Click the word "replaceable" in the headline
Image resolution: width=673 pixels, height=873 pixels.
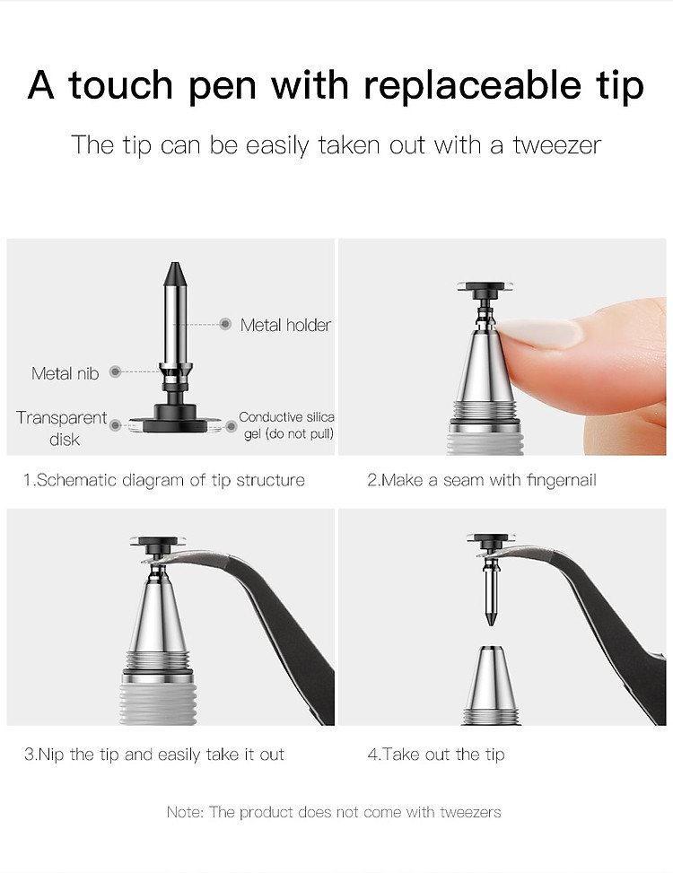[472, 85]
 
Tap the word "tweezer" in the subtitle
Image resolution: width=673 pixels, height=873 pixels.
[556, 145]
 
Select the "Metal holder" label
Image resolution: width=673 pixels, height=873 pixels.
[285, 325]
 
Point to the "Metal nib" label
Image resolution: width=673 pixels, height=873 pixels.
[66, 373]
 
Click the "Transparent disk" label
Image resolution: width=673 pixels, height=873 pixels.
[62, 428]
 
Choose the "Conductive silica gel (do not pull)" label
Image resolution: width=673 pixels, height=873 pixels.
[286, 424]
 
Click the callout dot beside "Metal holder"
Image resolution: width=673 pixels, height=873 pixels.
[225, 324]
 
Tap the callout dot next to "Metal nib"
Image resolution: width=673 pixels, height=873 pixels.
[115, 371]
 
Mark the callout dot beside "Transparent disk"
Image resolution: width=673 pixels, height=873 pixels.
[115, 425]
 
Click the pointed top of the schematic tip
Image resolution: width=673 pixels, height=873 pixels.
[175, 263]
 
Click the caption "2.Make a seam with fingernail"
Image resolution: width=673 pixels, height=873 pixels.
[482, 480]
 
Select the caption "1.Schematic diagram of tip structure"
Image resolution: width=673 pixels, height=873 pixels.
[163, 480]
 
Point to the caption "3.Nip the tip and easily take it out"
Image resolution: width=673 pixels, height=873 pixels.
[154, 755]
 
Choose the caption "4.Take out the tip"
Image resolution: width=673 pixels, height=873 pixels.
[436, 755]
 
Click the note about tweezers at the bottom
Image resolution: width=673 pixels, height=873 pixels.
[334, 812]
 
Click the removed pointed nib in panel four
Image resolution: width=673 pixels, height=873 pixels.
[491, 593]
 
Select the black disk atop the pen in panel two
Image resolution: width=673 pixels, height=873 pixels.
[485, 288]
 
